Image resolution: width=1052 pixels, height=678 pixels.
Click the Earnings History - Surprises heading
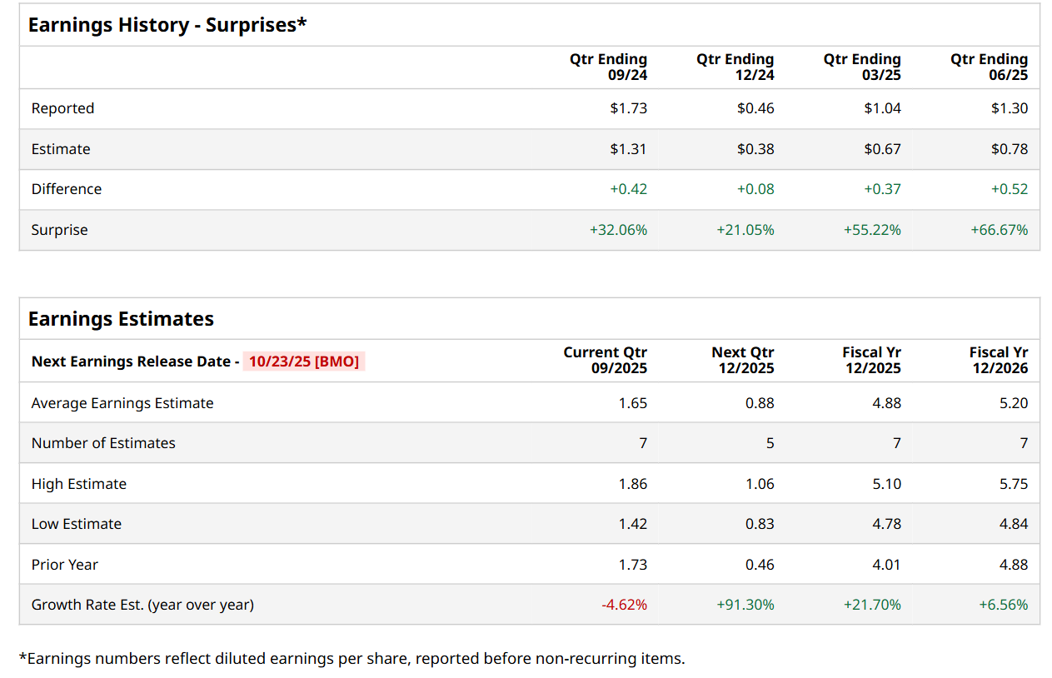pyautogui.click(x=167, y=25)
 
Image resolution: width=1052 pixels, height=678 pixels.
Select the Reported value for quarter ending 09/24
pyautogui.click(x=628, y=108)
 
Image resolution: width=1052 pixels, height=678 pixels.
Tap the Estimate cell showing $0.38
pyautogui.click(x=755, y=149)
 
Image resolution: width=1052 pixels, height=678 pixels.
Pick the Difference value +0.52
pyautogui.click(x=1009, y=189)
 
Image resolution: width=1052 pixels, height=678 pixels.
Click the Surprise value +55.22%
pyautogui.click(x=872, y=230)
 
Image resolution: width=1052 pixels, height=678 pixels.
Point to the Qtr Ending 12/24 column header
pyautogui.click(x=735, y=67)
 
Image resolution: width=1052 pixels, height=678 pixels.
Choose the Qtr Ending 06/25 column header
pyautogui.click(x=989, y=67)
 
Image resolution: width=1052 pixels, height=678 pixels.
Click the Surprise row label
pyautogui.click(x=59, y=230)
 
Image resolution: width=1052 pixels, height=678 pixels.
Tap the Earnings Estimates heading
pyautogui.click(x=121, y=319)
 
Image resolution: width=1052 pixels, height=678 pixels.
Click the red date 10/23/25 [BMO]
pyautogui.click(x=304, y=361)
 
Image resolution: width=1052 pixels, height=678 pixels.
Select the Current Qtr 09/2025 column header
pyautogui.click(x=605, y=360)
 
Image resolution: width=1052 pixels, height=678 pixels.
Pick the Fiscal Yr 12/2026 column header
pyautogui.click(x=998, y=360)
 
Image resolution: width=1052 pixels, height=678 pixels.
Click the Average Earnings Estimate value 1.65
pyautogui.click(x=632, y=403)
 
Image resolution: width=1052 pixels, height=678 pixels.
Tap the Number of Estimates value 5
pyautogui.click(x=770, y=443)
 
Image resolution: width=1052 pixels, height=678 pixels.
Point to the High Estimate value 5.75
pyautogui.click(x=1013, y=484)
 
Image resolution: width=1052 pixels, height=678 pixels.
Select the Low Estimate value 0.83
pyautogui.click(x=760, y=524)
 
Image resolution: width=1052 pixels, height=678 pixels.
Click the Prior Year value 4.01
pyautogui.click(x=886, y=565)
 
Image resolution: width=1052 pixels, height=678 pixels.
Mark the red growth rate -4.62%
pyautogui.click(x=624, y=605)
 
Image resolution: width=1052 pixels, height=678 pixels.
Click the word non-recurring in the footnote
pyautogui.click(x=590, y=659)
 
